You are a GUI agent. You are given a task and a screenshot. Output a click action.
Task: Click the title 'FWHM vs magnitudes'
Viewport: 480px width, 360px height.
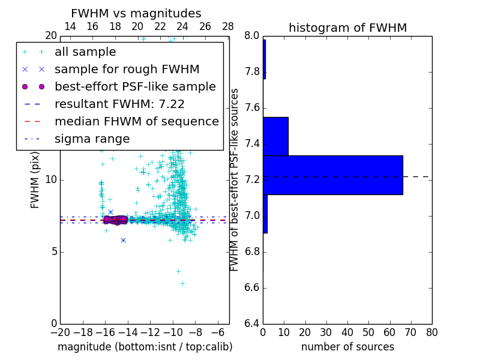pyautogui.click(x=136, y=13)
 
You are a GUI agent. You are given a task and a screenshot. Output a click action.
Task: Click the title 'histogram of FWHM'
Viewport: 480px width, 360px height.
pyautogui.click(x=347, y=28)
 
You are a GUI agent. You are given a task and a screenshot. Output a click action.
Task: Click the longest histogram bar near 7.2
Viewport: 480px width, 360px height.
pyautogui.click(x=332, y=175)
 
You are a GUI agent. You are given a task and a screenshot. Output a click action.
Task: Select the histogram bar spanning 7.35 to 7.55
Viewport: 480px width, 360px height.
pyautogui.click(x=275, y=136)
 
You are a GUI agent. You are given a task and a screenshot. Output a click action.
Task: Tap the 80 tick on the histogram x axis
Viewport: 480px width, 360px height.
pyautogui.click(x=431, y=332)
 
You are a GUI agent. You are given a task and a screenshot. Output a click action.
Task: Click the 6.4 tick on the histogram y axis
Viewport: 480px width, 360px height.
pyautogui.click(x=252, y=324)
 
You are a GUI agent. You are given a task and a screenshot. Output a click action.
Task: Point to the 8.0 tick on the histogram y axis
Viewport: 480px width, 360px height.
pyautogui.click(x=252, y=36)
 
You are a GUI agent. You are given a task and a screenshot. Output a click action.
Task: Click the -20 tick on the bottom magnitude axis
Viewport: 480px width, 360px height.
pyautogui.click(x=60, y=332)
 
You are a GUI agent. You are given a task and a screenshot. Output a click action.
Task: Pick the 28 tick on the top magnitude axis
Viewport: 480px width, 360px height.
pyautogui.click(x=229, y=26)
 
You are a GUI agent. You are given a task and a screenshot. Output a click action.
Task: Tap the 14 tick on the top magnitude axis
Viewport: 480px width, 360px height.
pyautogui.click(x=70, y=26)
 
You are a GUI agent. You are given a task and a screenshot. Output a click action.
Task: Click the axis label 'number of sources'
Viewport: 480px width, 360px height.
pyautogui.click(x=347, y=347)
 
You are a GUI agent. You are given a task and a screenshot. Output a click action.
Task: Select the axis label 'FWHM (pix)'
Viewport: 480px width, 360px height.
pyautogui.click(x=35, y=179)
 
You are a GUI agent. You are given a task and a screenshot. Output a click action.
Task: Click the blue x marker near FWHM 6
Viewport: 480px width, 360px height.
pyautogui.click(x=123, y=240)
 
